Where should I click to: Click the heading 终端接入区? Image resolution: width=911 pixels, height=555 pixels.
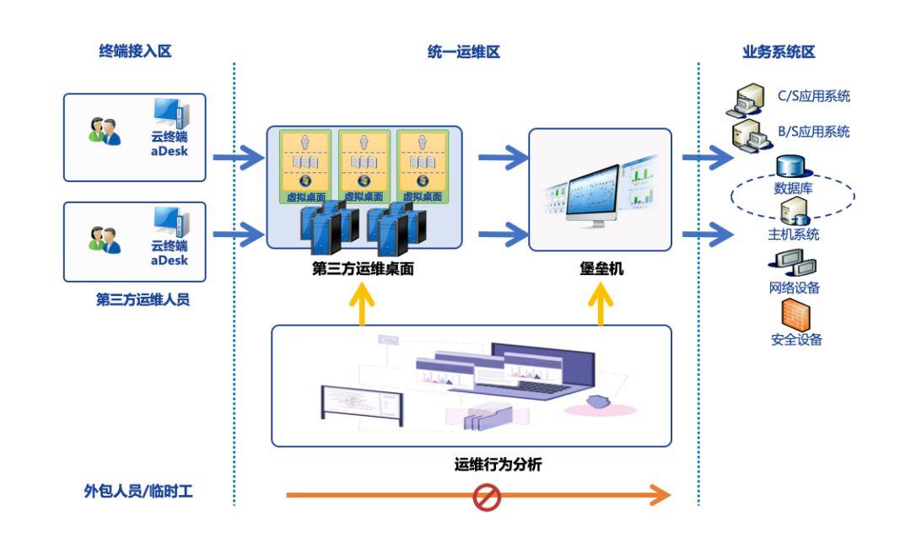pos(135,52)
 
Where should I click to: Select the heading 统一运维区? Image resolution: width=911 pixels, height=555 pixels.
pos(464,52)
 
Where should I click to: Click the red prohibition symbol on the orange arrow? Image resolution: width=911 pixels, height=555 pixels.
pos(488,495)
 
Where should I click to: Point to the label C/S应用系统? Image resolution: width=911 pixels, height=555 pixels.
pos(813,96)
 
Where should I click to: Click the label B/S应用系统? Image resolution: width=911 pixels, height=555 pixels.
pos(813,132)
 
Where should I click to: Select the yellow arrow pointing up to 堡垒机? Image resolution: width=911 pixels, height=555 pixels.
pos(601,304)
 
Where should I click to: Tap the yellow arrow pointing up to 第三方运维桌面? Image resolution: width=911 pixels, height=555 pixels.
pos(363,304)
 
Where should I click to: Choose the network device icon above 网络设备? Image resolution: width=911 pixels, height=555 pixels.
pos(790,264)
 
